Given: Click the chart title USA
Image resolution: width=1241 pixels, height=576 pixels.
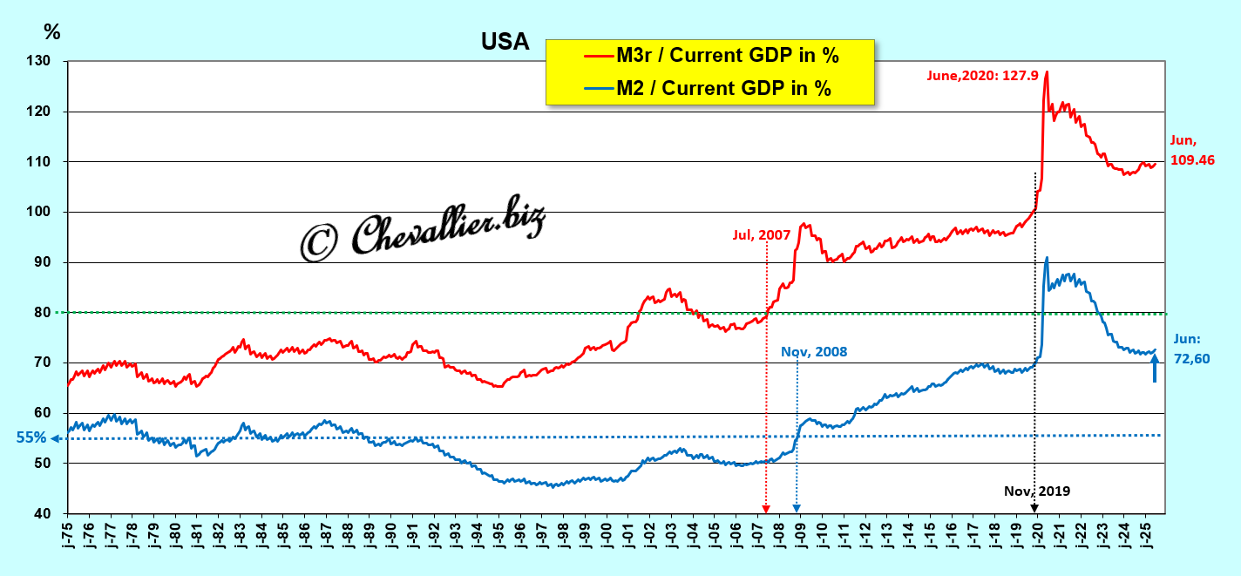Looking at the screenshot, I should pos(505,42).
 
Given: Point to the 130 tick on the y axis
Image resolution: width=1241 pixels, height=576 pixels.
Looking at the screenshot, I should pos(39,62).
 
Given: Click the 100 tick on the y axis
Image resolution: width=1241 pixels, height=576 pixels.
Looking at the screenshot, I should pos(39,213).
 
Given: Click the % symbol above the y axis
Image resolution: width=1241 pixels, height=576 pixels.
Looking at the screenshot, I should pos(52,32).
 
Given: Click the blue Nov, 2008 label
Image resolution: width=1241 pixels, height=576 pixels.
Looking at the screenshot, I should pos(814,352).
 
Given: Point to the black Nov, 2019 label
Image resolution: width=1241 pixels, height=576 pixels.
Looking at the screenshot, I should pos(1036,491).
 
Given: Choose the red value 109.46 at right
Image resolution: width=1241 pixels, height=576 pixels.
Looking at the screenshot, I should pos(1191,161).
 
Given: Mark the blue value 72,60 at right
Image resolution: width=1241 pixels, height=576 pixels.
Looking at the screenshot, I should pos(1191,358).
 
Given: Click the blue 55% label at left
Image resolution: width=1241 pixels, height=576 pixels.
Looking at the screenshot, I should pos(30,438).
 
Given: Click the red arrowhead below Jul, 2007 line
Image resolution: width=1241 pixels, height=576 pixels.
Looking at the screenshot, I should pos(766,509).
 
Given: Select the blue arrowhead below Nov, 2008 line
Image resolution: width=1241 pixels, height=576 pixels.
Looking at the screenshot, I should pos(797,509).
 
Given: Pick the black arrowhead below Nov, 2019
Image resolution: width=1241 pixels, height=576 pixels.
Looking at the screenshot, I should pos(1034,509).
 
